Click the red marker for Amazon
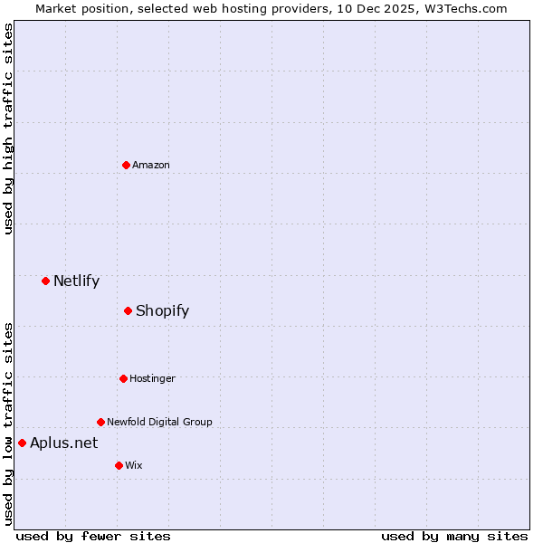click(x=126, y=165)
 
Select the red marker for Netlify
click(x=45, y=281)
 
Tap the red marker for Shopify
click(x=128, y=310)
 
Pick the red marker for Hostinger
click(x=123, y=378)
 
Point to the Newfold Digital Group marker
click(x=100, y=422)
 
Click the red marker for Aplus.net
click(x=22, y=443)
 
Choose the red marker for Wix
click(x=119, y=465)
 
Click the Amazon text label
click(x=151, y=165)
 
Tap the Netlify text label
click(x=76, y=281)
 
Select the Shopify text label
click(x=162, y=310)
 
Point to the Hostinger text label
click(x=152, y=378)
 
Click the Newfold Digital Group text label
click(x=159, y=422)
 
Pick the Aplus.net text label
click(x=63, y=443)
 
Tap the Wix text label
click(x=133, y=465)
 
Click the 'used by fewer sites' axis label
click(x=93, y=537)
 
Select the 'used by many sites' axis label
click(x=454, y=537)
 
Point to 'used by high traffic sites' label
click(x=9, y=129)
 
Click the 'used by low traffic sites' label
click(x=9, y=424)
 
